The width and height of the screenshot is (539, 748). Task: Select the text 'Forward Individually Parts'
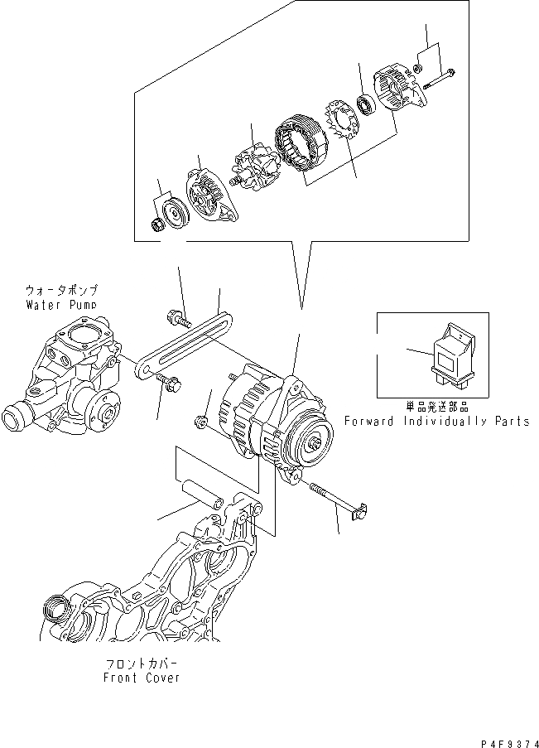click(x=436, y=421)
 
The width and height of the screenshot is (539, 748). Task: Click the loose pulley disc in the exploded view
click(x=176, y=212)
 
